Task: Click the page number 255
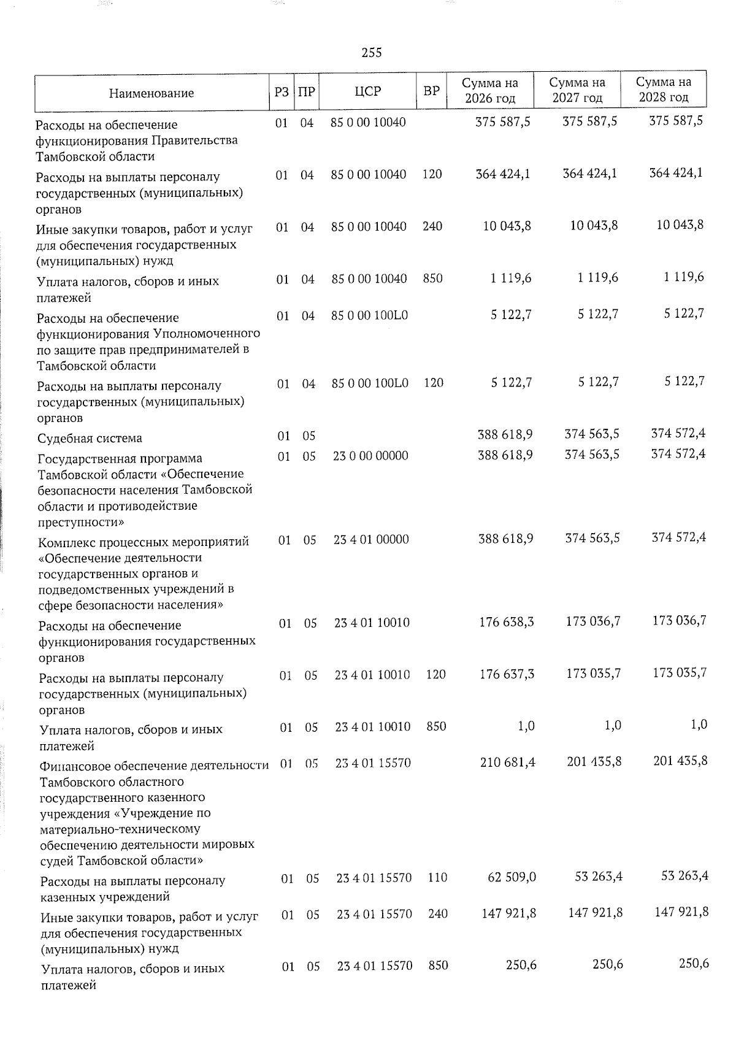pos(372,53)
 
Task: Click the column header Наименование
pos(151,93)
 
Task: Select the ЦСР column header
pos(368,91)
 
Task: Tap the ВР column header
pos(432,91)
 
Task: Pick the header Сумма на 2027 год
pos(577,90)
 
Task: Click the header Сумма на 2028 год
pos(664,90)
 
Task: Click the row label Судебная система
pos(90,438)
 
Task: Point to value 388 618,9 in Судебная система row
pos(505,434)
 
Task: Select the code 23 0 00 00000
pos(370,456)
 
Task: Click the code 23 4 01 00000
pos(371,539)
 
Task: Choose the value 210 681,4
pos(507,762)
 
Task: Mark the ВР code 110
pos(437,878)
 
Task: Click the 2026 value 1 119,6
pos(511,278)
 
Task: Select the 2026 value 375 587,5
pos(504,121)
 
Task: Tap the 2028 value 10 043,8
pos(680,225)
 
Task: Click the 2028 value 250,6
pos(694,964)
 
